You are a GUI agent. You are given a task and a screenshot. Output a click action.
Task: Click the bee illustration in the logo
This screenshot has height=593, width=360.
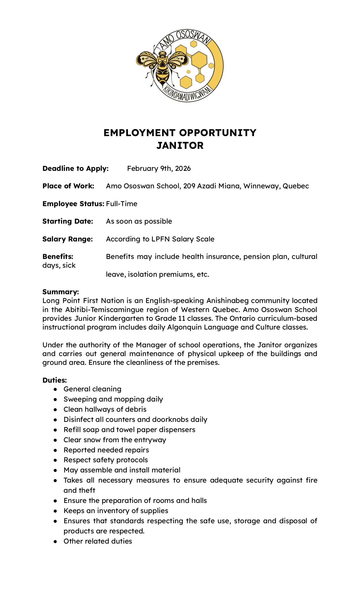click(x=162, y=66)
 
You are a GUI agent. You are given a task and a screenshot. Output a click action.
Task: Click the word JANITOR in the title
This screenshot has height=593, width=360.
click(x=180, y=145)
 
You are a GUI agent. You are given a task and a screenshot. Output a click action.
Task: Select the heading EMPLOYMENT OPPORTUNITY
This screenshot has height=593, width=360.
click(x=180, y=132)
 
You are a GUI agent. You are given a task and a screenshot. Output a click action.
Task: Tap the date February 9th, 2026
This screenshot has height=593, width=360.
click(x=159, y=169)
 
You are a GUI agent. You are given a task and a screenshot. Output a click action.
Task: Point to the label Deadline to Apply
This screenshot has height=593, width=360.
click(x=75, y=169)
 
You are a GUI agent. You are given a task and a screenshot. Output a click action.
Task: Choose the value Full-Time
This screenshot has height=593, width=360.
click(x=122, y=204)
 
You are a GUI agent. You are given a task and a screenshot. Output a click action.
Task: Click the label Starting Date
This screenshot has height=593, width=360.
click(x=68, y=221)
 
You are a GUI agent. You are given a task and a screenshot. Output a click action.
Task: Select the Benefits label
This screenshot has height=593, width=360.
click(x=58, y=257)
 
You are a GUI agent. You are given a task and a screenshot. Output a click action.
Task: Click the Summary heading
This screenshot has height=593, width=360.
click(x=60, y=292)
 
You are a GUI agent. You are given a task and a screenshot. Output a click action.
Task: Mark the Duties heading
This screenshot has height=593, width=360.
click(x=54, y=380)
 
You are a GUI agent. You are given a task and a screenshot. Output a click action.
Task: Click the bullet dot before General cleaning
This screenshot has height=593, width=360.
click(x=56, y=389)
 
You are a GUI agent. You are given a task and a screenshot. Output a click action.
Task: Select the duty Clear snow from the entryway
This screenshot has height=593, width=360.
click(x=115, y=440)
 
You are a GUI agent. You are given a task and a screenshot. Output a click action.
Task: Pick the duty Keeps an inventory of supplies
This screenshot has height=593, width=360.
click(x=116, y=511)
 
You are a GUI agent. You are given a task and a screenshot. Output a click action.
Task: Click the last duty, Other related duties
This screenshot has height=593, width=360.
click(x=98, y=541)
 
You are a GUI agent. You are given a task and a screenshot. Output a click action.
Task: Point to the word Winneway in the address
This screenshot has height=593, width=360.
click(x=261, y=186)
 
